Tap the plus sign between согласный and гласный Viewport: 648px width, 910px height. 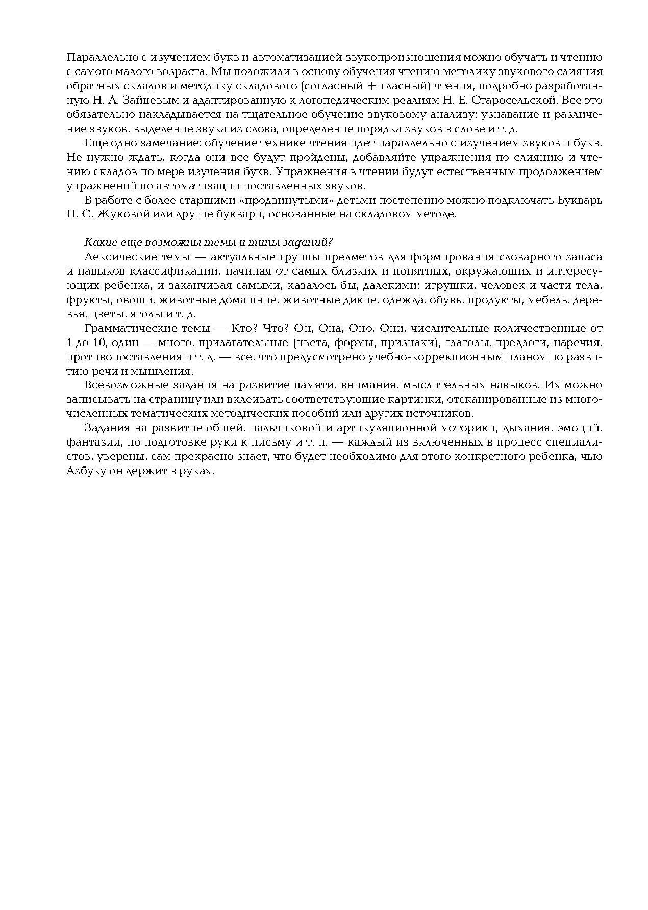372,86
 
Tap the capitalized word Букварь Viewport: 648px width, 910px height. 580,200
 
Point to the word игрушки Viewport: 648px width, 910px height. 446,285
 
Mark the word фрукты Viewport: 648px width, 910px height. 85,299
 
